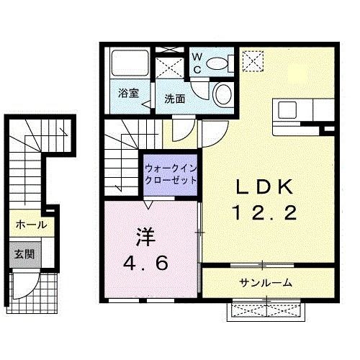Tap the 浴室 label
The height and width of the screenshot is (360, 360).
click(127, 92)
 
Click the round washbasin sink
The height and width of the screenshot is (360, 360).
click(223, 94)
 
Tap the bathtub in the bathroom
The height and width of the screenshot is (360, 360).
click(130, 66)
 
